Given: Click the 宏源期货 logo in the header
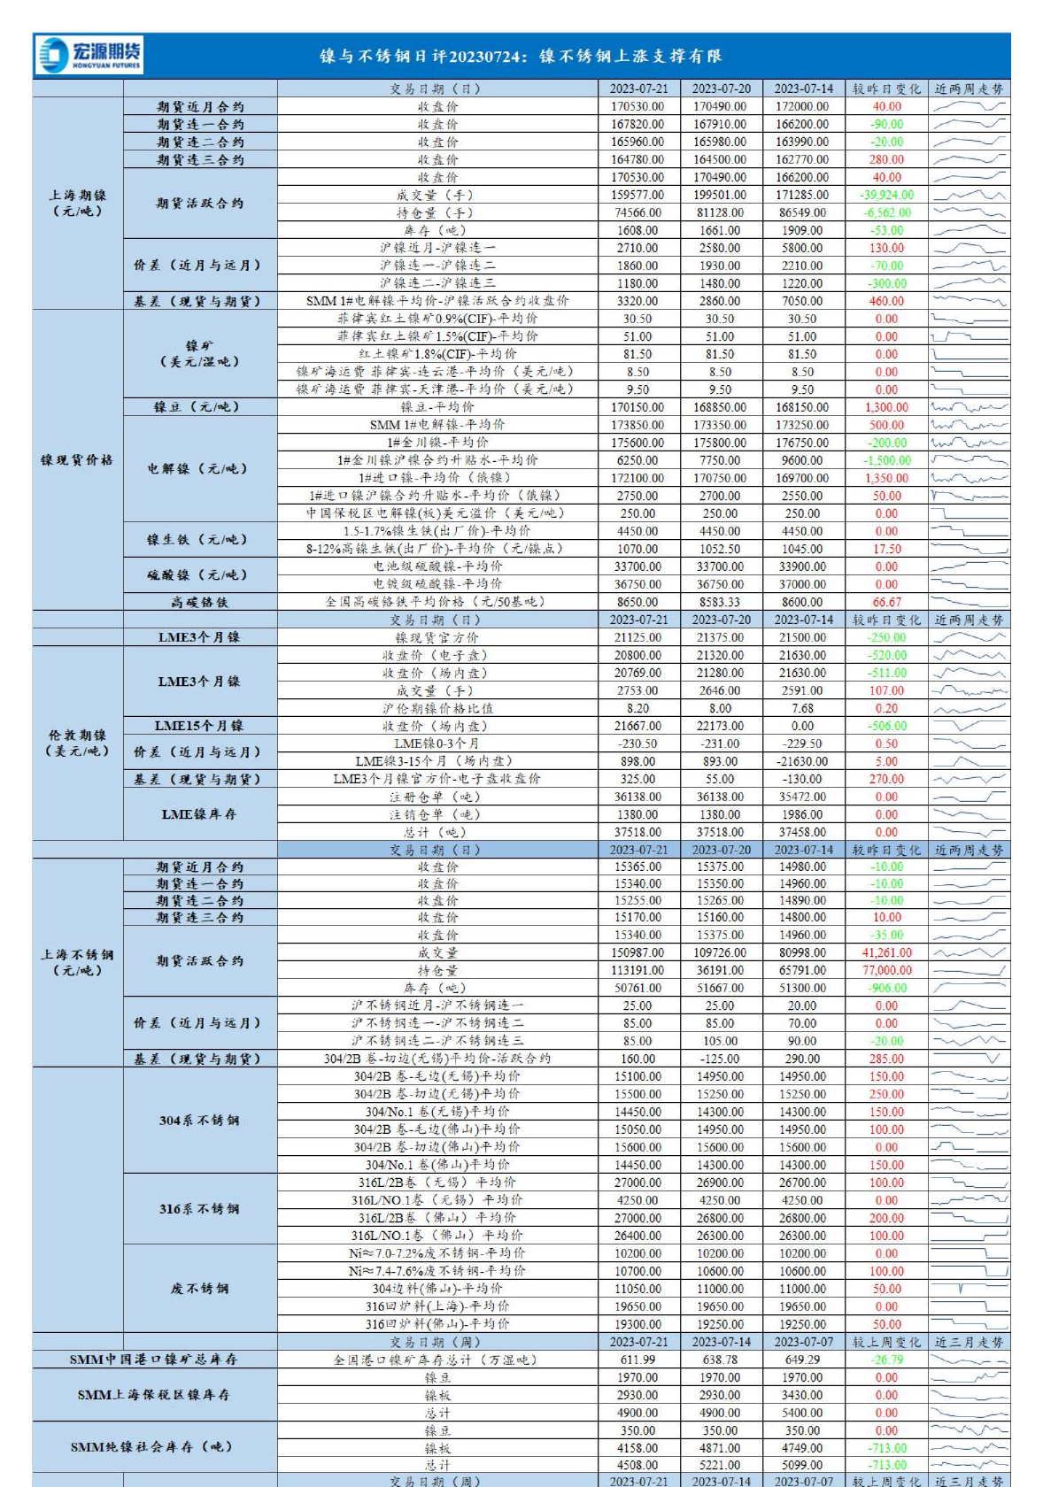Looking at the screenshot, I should click(x=89, y=55).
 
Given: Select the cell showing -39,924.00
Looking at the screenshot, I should click(x=886, y=195).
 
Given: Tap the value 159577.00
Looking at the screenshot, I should click(x=637, y=195).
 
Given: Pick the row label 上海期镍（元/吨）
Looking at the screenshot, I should click(x=77, y=203).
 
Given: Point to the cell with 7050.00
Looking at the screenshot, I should click(x=802, y=301).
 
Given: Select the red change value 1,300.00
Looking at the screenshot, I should click(x=886, y=407).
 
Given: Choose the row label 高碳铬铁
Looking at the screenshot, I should click(x=199, y=602).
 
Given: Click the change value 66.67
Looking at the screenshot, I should click(x=886, y=602).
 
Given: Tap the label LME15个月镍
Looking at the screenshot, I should click(x=199, y=726).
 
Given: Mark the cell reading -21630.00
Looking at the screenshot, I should click(x=802, y=761).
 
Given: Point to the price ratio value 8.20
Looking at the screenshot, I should click(x=637, y=708).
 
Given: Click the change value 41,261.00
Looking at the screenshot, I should click(x=886, y=952).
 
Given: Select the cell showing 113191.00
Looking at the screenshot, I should click(x=637, y=970).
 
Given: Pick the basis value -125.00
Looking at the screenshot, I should click(x=720, y=1059).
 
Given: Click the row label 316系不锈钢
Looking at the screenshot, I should click(x=199, y=1209).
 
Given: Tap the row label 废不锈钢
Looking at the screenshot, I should click(x=199, y=1289).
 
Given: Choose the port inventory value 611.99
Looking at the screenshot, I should click(x=637, y=1360).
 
